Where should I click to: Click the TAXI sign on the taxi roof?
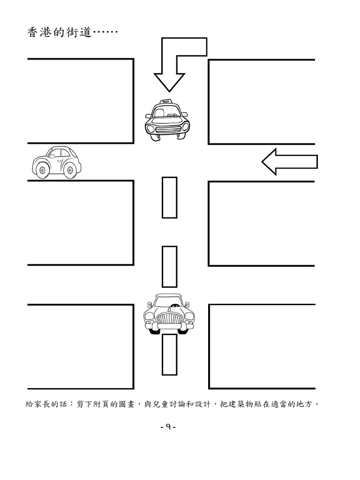click(x=165, y=101)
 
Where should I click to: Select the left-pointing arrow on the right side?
click(x=289, y=162)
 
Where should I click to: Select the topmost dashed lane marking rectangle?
click(x=169, y=197)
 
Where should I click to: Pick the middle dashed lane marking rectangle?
click(x=169, y=267)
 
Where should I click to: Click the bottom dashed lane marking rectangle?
click(x=169, y=354)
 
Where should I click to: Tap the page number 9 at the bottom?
click(x=168, y=427)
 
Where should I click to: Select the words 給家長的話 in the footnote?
click(x=46, y=404)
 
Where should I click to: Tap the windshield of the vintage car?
click(x=169, y=301)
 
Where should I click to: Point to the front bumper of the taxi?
click(x=167, y=131)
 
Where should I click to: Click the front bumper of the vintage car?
click(x=169, y=327)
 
